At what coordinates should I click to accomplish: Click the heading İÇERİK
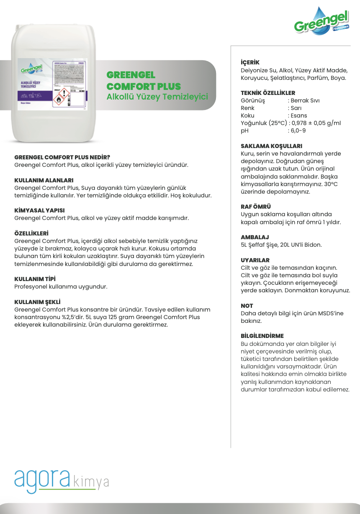(x=250, y=62)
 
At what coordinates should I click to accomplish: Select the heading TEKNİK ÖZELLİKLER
(x=268, y=93)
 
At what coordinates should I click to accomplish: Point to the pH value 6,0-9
(x=298, y=130)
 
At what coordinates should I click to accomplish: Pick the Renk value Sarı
(x=297, y=108)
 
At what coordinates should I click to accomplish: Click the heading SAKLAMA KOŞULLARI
(x=271, y=146)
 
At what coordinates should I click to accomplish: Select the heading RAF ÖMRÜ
(x=256, y=207)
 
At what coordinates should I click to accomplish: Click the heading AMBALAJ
(x=255, y=237)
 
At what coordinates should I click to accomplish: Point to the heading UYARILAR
(x=255, y=260)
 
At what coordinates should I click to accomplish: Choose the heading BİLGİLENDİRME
(x=262, y=336)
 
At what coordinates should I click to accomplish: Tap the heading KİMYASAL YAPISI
(x=39, y=210)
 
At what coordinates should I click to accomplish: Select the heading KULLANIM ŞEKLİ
(x=38, y=302)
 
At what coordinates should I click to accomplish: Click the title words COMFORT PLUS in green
(x=144, y=87)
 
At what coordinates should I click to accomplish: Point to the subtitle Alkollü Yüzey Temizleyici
(x=157, y=97)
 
